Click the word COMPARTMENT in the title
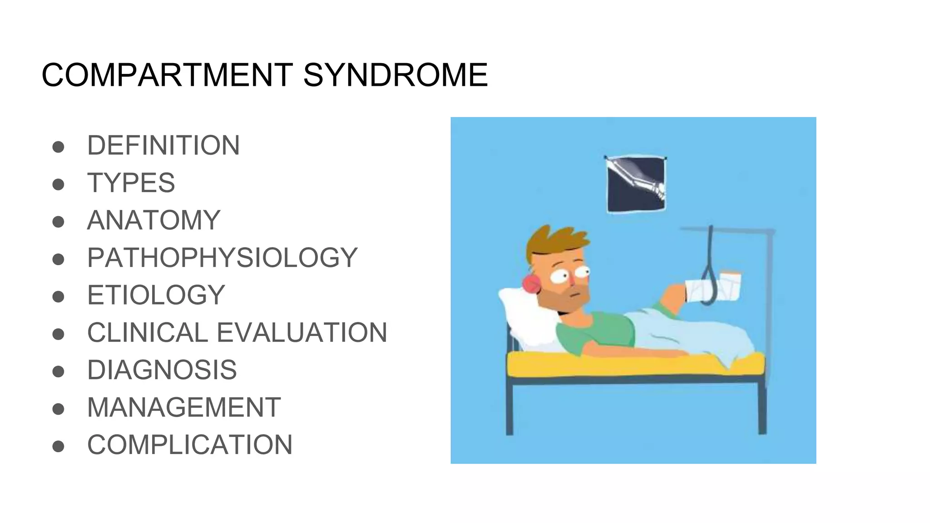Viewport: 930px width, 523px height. click(167, 75)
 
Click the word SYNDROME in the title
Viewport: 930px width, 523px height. click(395, 75)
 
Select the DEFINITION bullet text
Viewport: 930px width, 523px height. click(163, 145)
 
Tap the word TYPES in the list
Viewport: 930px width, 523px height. click(131, 183)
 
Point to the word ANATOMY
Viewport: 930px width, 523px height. click(153, 220)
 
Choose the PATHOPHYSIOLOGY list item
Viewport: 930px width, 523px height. click(223, 257)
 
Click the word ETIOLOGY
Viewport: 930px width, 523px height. click(156, 295)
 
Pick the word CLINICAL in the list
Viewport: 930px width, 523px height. click(148, 332)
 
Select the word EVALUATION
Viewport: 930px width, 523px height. click(302, 332)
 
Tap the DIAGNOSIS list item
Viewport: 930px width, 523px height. click(162, 370)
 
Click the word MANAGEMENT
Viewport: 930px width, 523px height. click(184, 407)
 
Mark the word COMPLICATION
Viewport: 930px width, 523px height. click(190, 444)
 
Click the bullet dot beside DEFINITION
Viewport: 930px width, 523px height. click(58, 147)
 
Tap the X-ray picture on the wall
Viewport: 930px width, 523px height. click(636, 184)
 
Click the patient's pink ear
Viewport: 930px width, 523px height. click(531, 284)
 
